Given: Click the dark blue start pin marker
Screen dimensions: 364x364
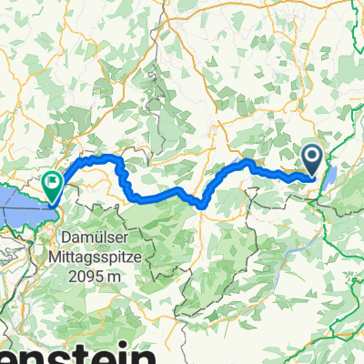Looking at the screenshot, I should (x=312, y=160).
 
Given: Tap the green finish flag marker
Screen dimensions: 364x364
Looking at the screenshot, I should (x=52, y=186).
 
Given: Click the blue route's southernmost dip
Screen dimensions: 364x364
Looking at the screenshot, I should (x=199, y=207).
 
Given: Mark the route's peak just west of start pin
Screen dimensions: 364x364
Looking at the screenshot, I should (x=248, y=162).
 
